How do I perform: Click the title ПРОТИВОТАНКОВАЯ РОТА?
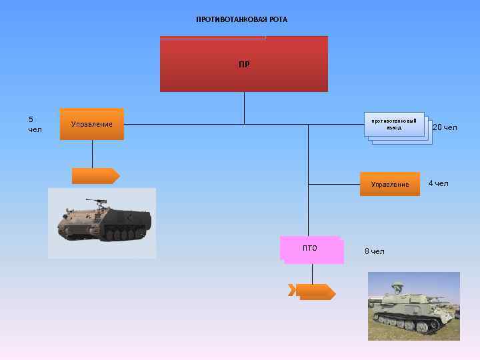pos(241,19)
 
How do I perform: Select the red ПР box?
pos(244,64)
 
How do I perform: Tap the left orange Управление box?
pos(92,124)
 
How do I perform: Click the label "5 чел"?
pos(35,124)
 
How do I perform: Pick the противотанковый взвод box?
pos(395,125)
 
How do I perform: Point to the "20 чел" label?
pos(445,127)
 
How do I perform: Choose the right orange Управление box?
pos(390,184)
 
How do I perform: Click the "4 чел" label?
pos(438,183)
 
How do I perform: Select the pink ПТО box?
pos(311,249)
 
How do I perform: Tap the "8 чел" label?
pos(375,251)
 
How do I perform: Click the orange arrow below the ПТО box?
pos(311,291)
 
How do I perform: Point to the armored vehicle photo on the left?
pos(102,223)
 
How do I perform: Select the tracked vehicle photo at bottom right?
pos(414,306)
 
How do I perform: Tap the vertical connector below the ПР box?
pos(244,108)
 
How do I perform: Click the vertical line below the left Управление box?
pos(92,154)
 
